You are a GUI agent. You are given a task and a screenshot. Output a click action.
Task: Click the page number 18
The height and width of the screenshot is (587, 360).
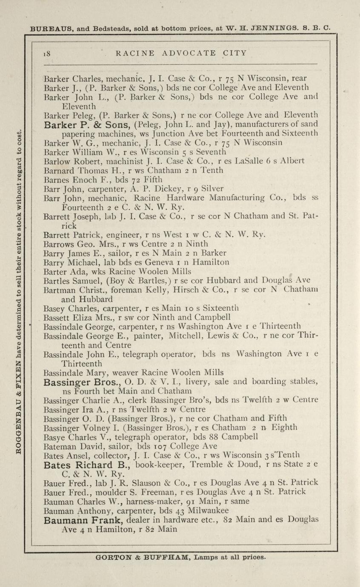[x=47, y=53]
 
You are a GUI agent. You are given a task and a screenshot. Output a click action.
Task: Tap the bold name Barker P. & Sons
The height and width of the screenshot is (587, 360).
[x=88, y=125]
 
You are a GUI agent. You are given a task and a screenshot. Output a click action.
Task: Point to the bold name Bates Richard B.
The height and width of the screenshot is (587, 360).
[x=88, y=464]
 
